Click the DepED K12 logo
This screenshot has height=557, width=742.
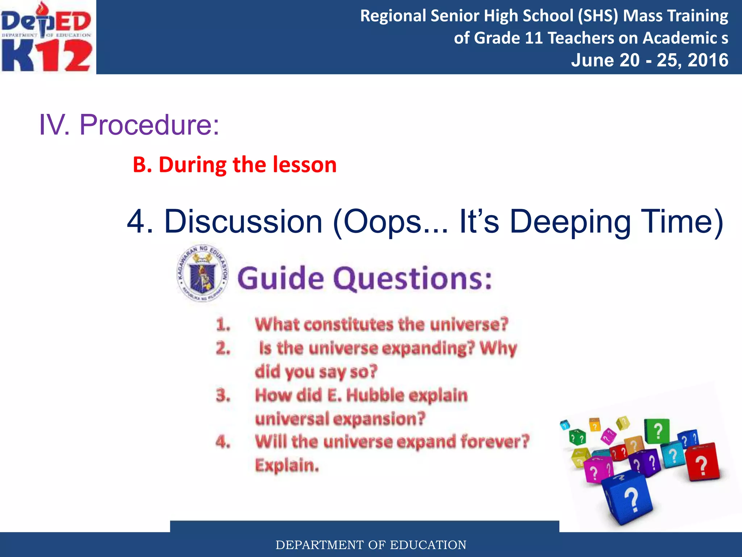point(47,37)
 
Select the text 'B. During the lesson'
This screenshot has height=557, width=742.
point(235,165)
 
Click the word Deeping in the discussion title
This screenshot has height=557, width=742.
point(570,222)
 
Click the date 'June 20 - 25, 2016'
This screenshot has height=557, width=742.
point(649,60)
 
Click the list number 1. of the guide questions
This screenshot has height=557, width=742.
point(223,325)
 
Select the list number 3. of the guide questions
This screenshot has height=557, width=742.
point(223,395)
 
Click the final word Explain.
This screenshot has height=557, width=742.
point(287,466)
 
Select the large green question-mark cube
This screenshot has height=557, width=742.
point(656,431)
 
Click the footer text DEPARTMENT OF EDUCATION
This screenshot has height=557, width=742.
point(371,545)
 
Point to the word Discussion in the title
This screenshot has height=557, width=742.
point(243,222)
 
